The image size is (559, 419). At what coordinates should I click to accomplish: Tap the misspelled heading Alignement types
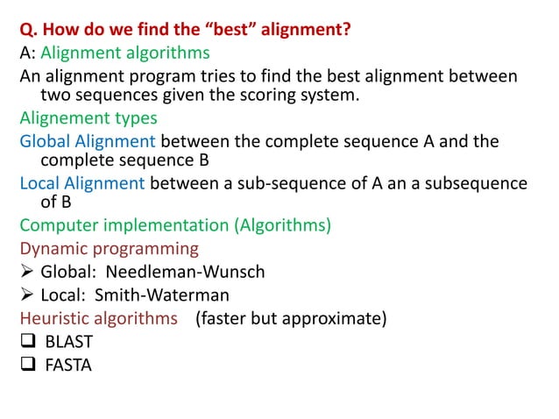(x=88, y=117)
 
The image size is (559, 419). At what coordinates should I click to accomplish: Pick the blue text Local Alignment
(x=82, y=183)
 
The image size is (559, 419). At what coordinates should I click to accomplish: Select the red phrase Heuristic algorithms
(x=98, y=317)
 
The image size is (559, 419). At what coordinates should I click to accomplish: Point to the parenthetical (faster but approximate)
(x=291, y=317)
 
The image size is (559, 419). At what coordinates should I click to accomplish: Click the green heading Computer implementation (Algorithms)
(x=175, y=225)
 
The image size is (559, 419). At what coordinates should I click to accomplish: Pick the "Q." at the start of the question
(x=29, y=31)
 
